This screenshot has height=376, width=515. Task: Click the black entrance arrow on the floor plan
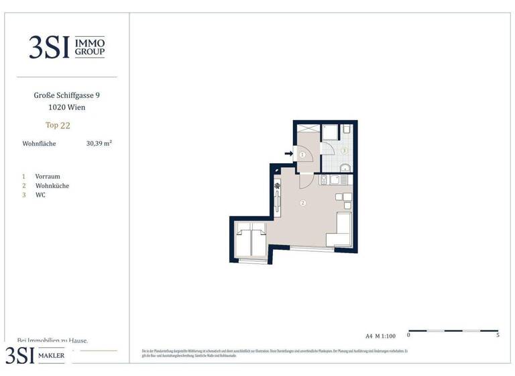tap(289, 154)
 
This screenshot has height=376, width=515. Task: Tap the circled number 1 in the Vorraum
tap(302, 154)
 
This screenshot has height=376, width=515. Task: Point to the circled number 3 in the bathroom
tap(344, 151)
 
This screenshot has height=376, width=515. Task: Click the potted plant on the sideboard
tap(276, 185)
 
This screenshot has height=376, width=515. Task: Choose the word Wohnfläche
tap(40, 144)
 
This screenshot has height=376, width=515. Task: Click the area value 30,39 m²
tap(99, 143)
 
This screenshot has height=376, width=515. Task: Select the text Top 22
tap(58, 125)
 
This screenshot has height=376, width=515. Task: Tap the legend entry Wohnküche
tap(52, 186)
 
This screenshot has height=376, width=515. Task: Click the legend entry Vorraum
tap(48, 177)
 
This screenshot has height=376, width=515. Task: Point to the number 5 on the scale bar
tap(498, 334)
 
